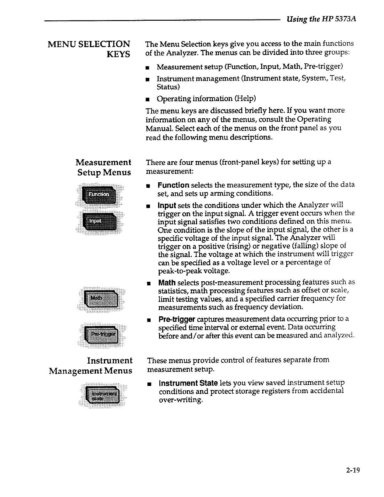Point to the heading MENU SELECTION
[89, 44]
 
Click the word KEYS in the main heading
[118, 55]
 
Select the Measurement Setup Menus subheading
[104, 168]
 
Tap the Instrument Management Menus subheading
[91, 366]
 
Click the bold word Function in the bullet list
[173, 185]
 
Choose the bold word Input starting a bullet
[167, 206]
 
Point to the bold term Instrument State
[188, 383]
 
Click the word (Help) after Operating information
[245, 99]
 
